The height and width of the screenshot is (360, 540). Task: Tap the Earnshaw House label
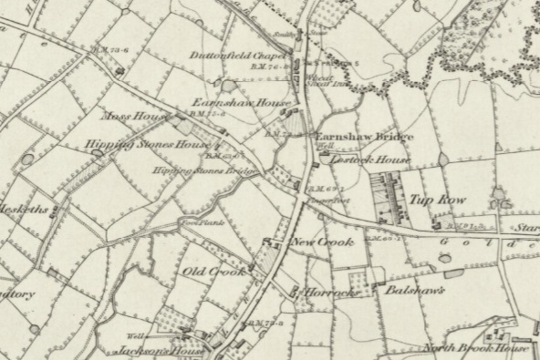(x=229, y=103)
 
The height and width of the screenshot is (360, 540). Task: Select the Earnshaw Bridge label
(x=363, y=137)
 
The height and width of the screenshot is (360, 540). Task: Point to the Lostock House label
(x=369, y=158)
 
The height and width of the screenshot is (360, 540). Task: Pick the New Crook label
(x=322, y=242)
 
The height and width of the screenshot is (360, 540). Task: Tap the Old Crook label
(x=214, y=273)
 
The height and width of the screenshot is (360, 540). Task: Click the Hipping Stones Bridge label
(x=202, y=170)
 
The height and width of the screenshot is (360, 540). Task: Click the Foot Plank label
(x=199, y=221)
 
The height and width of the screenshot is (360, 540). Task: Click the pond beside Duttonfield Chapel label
(x=227, y=85)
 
